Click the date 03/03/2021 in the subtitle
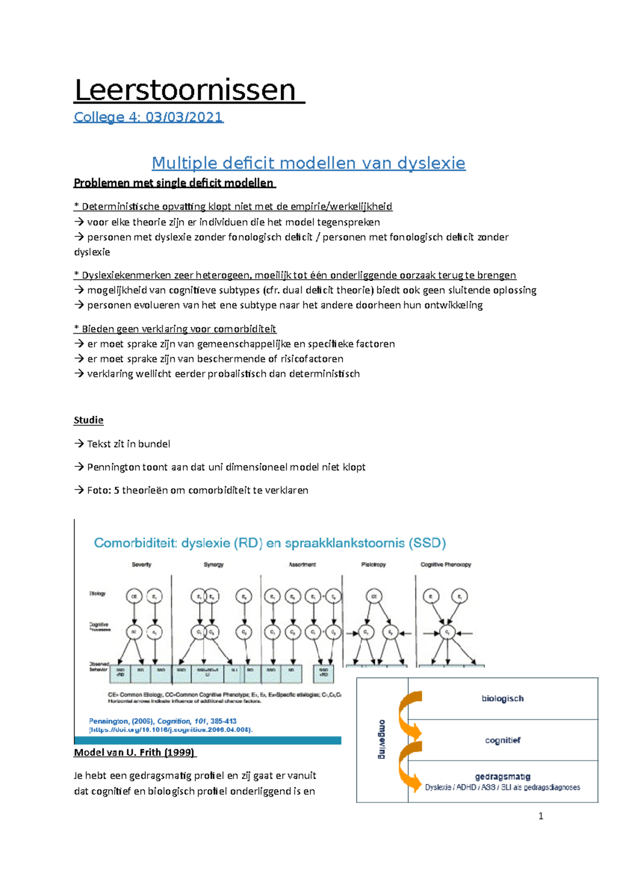184,117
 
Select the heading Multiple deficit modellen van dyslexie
308,163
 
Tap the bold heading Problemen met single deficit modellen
174,183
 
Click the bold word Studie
88,420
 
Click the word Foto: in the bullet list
99,490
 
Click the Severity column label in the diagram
141,565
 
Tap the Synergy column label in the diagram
213,565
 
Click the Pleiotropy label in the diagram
373,565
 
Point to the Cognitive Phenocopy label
445,565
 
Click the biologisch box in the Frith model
502,698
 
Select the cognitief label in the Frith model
502,740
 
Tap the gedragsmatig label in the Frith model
502,776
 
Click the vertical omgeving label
382,739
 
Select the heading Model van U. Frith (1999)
135,753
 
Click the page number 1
540,816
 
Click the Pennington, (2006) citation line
162,721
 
